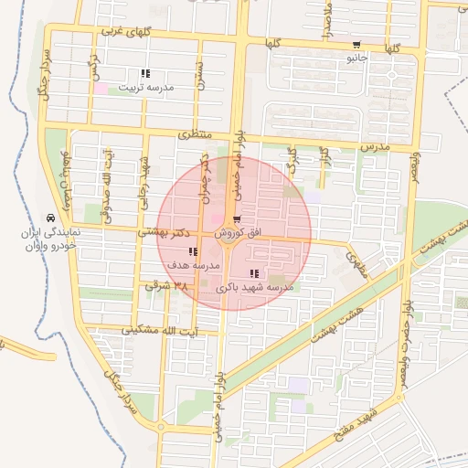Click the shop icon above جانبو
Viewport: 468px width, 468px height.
click(356, 45)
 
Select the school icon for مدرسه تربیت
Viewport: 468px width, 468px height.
click(144, 74)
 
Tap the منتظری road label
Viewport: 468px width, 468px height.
click(195, 134)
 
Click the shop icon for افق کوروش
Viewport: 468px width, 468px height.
click(237, 219)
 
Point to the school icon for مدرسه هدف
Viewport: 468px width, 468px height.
click(191, 251)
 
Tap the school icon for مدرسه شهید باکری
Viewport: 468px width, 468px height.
click(254, 273)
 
